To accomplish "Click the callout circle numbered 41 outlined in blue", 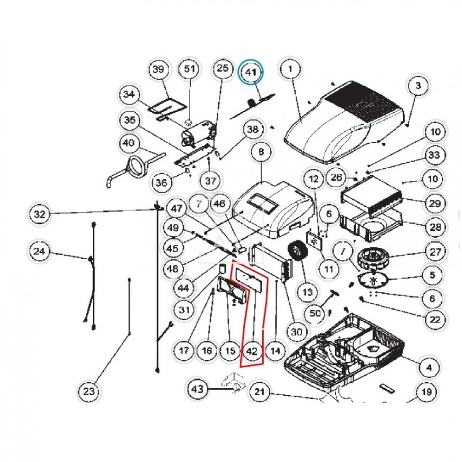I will [x=251, y=73].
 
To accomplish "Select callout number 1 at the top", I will [x=290, y=70].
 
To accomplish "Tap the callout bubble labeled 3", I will [x=418, y=87].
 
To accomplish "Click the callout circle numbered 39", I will [x=158, y=70].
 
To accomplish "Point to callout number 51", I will [x=189, y=70].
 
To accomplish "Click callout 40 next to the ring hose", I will [x=129, y=143].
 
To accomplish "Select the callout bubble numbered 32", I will [x=39, y=214].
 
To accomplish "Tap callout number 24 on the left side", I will [x=39, y=252].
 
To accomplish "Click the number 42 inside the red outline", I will [x=252, y=351].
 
